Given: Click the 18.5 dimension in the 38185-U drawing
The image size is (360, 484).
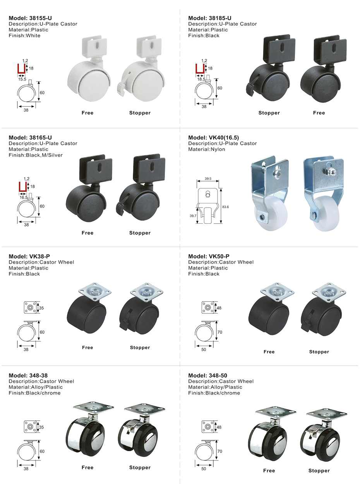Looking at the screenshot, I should tap(201, 79).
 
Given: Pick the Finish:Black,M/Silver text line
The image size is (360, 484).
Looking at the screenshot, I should tap(36, 155).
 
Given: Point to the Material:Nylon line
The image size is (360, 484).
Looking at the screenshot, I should tap(207, 149).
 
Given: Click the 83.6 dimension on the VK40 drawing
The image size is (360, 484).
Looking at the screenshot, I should tap(225, 207).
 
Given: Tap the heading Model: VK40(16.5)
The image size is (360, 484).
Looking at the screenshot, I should tap(213, 137).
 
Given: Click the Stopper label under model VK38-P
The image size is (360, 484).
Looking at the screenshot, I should tap(140, 348).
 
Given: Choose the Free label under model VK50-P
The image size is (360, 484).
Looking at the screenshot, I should tap(269, 352).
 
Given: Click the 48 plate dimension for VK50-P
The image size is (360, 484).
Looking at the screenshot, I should tap(219, 308).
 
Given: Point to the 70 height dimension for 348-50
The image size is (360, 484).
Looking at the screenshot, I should tap(219, 451).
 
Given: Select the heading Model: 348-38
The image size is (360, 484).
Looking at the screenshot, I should tap(28, 376).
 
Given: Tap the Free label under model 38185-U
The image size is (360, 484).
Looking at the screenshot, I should tap(319, 113).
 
